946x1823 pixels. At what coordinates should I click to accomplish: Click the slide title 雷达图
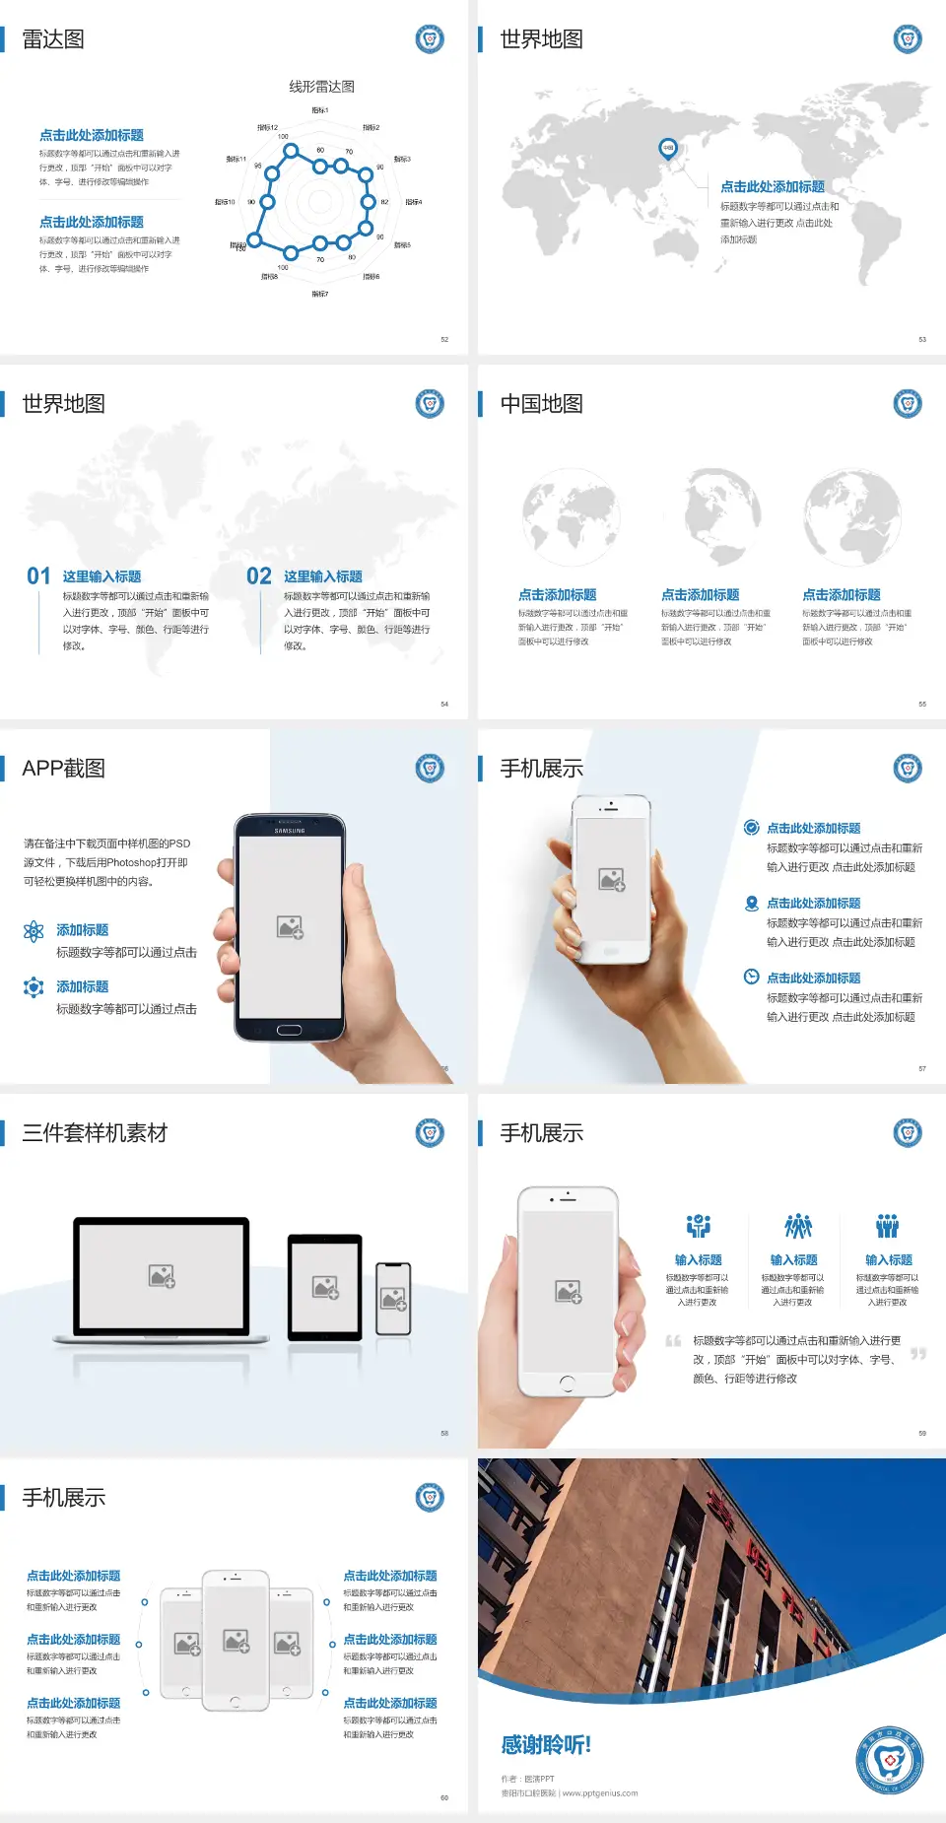[x=53, y=39]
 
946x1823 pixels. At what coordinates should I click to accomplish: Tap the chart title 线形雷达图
[x=321, y=87]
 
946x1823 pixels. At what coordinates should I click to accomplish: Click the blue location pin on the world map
[x=667, y=149]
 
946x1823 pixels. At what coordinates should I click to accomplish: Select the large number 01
[x=38, y=576]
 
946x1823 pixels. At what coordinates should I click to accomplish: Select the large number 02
[x=259, y=576]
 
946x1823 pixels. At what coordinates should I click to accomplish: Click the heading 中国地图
[x=541, y=404]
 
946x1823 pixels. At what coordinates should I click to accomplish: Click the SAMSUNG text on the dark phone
[x=290, y=831]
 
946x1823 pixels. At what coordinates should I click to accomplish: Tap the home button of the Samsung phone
[x=289, y=1030]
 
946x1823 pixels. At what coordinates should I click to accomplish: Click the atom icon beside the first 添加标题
[x=34, y=931]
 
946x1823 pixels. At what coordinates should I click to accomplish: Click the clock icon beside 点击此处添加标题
[x=751, y=977]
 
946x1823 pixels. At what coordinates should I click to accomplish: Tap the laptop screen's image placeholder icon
[x=162, y=1276]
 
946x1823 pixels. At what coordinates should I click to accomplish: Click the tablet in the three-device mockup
[x=325, y=1286]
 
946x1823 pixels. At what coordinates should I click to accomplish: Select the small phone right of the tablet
[x=393, y=1299]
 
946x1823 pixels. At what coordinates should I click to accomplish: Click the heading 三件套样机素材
[x=95, y=1133]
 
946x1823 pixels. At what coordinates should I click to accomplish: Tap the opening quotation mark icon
[x=673, y=1341]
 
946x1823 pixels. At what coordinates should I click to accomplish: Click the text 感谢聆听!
[x=546, y=1745]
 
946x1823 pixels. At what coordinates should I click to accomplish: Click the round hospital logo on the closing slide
[x=890, y=1760]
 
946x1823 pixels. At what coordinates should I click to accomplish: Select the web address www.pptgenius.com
[x=600, y=1793]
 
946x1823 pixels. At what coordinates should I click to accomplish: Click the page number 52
[x=444, y=339]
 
